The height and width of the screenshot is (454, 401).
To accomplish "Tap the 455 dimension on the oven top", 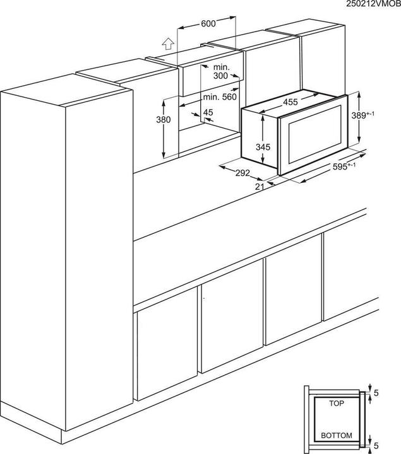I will (291, 101).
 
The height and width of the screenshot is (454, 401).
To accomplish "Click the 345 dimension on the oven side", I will (263, 147).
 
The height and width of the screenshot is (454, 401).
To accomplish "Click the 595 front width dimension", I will (344, 166).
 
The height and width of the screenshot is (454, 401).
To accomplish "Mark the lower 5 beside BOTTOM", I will (377, 444).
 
